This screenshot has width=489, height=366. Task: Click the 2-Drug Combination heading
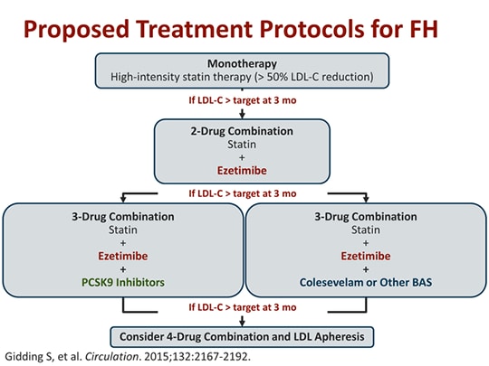[243, 130]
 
